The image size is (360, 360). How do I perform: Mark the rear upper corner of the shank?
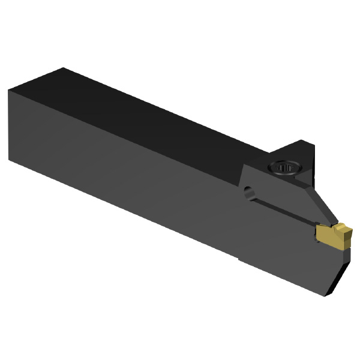(x=9, y=90)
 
